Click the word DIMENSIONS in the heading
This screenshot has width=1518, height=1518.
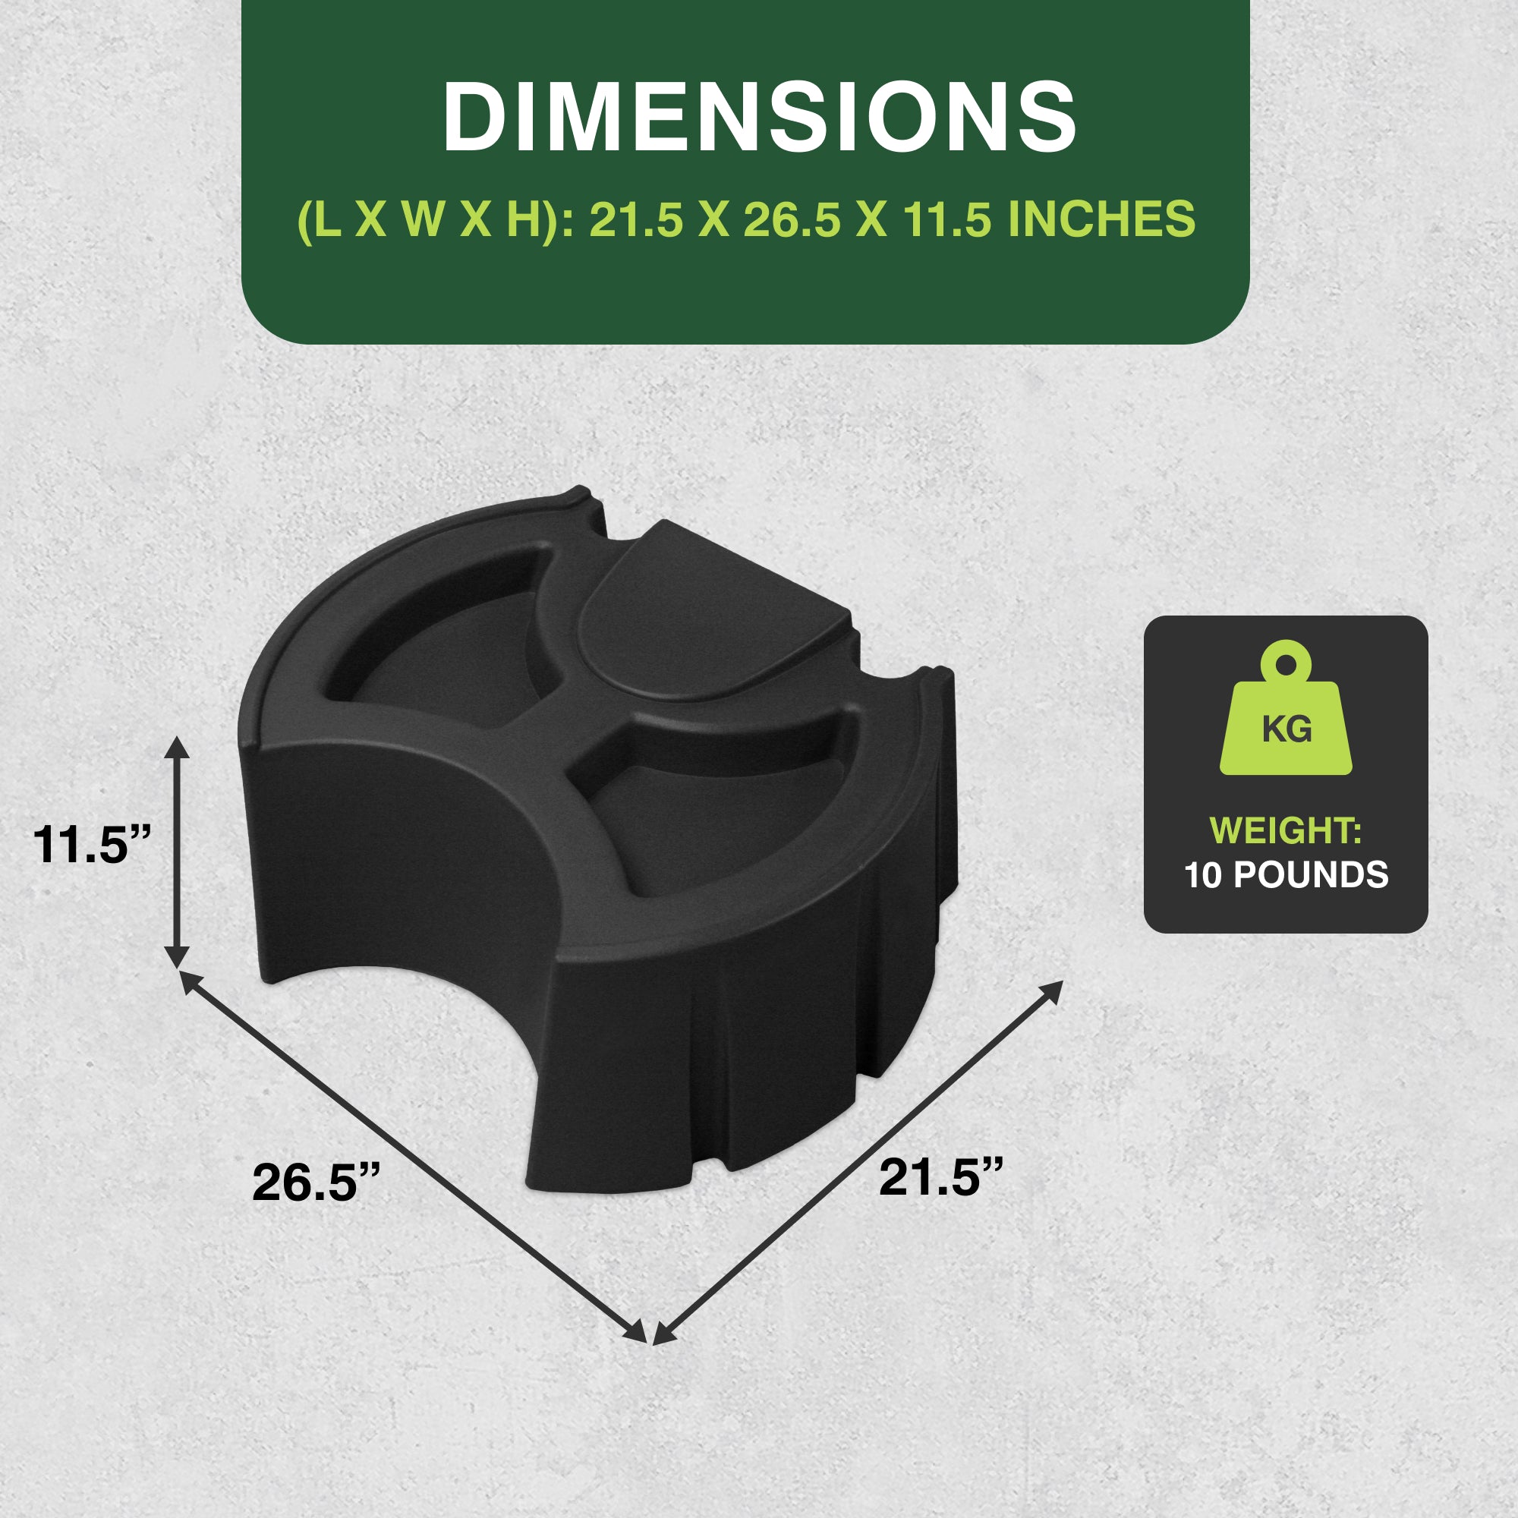pos(759,117)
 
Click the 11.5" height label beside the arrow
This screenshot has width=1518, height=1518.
pos(91,845)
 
